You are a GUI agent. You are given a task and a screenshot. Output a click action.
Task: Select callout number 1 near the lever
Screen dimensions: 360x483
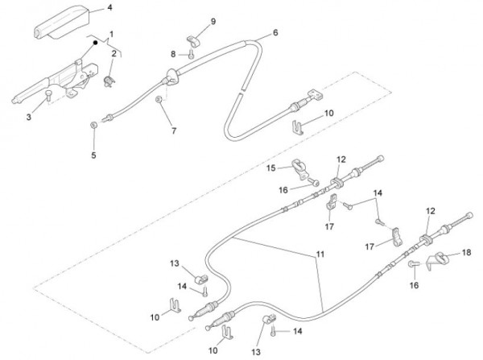(x=111, y=35)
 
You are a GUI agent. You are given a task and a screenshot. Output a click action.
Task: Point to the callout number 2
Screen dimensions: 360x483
(x=114, y=53)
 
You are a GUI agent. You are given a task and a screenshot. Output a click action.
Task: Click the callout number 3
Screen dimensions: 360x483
(x=29, y=118)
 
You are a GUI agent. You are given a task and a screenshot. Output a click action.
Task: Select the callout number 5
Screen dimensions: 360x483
(x=93, y=155)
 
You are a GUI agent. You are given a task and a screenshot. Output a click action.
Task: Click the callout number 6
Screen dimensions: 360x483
(x=275, y=33)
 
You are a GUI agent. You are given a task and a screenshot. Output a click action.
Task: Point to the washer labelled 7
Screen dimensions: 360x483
(x=160, y=99)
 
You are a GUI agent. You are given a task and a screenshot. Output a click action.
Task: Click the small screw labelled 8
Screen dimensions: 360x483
(x=191, y=55)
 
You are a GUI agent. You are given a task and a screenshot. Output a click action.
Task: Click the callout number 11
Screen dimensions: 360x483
(x=320, y=254)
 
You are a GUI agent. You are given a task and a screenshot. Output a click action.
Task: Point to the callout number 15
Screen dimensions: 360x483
(x=270, y=168)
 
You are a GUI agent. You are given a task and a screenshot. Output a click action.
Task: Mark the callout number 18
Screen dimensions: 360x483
(x=466, y=254)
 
